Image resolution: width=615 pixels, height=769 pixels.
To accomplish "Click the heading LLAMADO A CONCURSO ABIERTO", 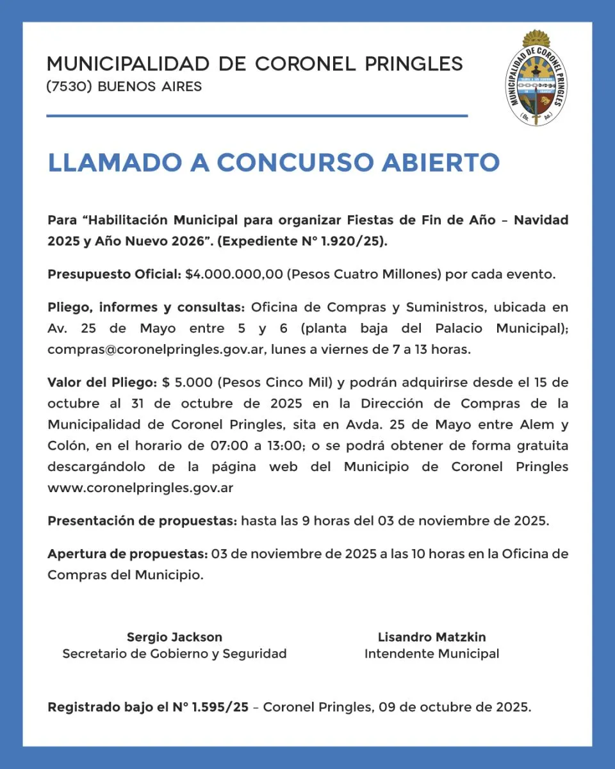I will (274, 163).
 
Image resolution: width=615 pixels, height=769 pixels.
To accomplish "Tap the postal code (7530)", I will (69, 87).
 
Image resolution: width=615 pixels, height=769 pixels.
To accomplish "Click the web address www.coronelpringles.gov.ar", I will (140, 488).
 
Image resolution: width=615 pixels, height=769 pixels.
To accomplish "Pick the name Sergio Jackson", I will (174, 637).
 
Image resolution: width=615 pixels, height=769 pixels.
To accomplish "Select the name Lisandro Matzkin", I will (432, 637).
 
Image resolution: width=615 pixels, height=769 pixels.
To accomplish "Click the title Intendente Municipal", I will (432, 654).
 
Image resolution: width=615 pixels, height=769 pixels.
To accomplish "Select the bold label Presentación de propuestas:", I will (142, 520).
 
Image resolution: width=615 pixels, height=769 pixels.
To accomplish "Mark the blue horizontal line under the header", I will (256, 116).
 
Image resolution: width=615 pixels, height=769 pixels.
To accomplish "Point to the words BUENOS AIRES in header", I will (150, 87).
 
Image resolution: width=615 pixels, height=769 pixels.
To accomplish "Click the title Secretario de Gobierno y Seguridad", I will (174, 654).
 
